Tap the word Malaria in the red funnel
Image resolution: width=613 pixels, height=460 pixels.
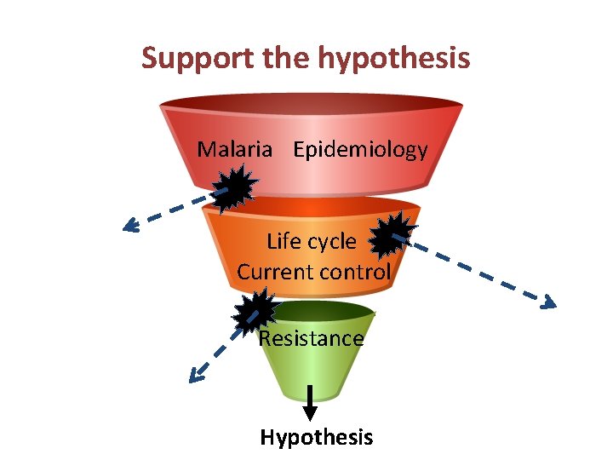[235, 150]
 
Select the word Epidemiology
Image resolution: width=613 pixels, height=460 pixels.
[360, 150]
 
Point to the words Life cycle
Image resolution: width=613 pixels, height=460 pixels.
[312, 241]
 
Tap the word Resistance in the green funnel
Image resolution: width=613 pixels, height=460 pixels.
[312, 338]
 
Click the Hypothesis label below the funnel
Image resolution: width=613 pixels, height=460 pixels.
[317, 438]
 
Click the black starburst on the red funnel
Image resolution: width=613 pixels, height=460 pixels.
[233, 186]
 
